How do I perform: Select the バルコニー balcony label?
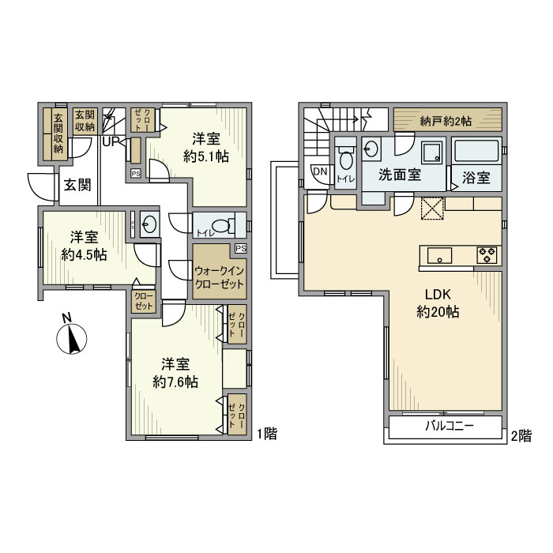point(449,426)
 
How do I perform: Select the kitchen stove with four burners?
point(487,254)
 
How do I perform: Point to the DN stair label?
point(320,172)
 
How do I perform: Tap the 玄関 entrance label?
point(77,186)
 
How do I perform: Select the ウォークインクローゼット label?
point(219,276)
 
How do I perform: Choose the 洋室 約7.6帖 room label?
point(175,373)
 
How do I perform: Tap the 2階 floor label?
point(520,434)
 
